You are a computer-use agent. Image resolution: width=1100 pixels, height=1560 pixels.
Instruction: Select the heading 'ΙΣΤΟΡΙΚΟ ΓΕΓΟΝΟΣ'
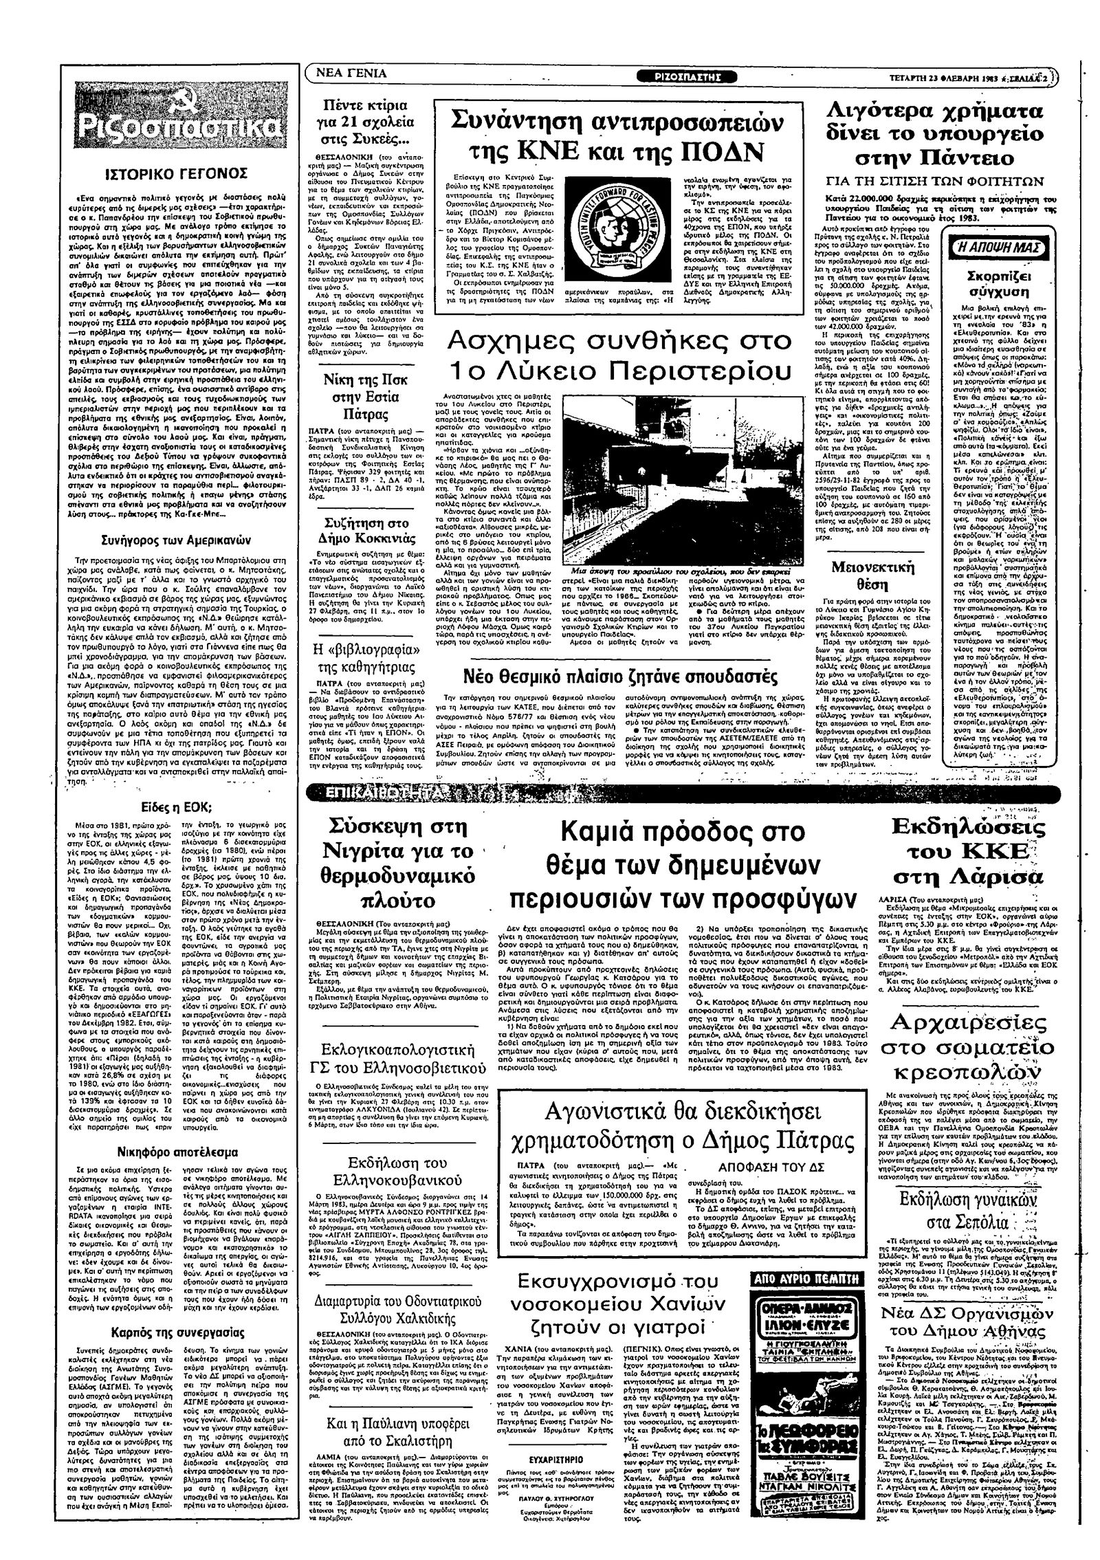point(181,172)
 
